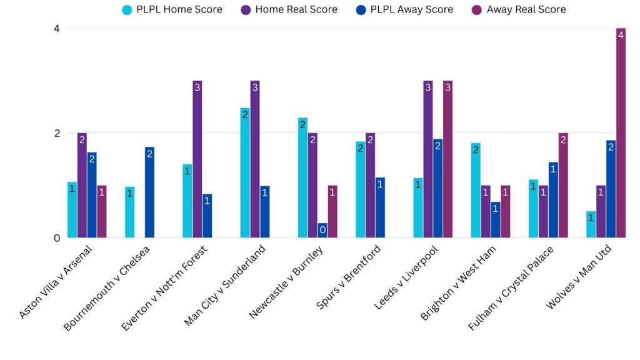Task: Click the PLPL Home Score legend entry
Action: [x=172, y=9]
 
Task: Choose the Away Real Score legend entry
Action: [x=519, y=9]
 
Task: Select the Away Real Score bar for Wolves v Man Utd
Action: [x=621, y=133]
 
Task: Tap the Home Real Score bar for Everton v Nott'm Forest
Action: [x=197, y=159]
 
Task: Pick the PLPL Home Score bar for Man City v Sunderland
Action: [x=245, y=173]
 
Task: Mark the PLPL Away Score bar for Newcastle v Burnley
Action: [x=322, y=231]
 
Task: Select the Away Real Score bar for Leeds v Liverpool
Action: [x=448, y=159]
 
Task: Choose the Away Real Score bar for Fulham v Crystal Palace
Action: [x=563, y=186]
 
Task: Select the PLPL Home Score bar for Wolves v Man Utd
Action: [x=591, y=224]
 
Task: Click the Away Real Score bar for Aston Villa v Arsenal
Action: [x=102, y=212]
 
